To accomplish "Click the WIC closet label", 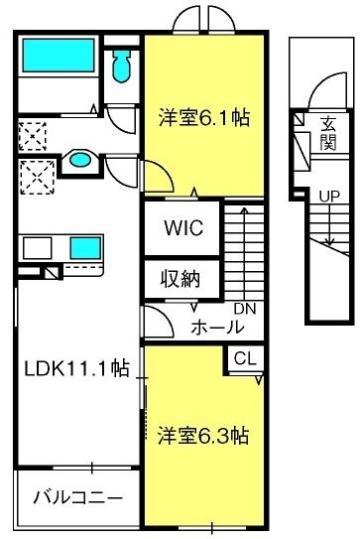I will coord(182,227).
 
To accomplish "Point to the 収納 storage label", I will coord(180,279).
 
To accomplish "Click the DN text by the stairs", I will coord(245,309).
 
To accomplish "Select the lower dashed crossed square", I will coord(36,178).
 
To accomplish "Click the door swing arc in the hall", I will coord(157,320).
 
